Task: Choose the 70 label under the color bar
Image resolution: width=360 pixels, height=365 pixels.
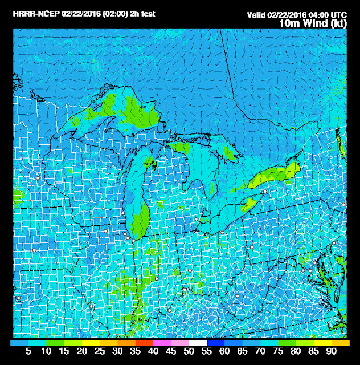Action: pyautogui.click(x=260, y=352)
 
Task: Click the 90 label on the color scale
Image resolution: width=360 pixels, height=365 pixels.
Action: pyautogui.click(x=331, y=352)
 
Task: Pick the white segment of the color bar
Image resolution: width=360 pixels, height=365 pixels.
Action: pyautogui.click(x=198, y=342)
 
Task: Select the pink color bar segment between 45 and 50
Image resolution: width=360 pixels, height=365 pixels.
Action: pyautogui.click(x=181, y=342)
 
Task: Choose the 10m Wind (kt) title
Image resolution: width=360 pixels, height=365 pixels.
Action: pyautogui.click(x=314, y=23)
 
